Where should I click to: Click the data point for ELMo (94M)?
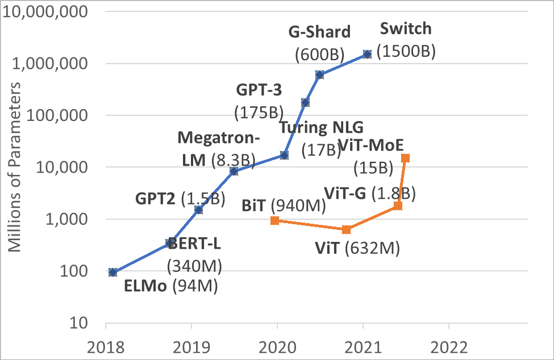click(113, 272)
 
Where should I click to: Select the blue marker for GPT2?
click(198, 210)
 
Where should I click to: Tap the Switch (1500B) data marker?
click(367, 54)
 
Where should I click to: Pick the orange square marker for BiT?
click(274, 220)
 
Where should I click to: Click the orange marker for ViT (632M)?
click(347, 229)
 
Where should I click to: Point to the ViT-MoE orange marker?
click(405, 158)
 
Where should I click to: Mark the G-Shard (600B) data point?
click(319, 75)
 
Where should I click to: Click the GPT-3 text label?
click(259, 90)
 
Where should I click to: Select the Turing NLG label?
click(321, 127)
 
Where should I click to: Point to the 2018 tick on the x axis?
click(106, 346)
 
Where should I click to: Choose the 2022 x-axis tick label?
click(449, 346)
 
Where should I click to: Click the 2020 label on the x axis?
click(277, 346)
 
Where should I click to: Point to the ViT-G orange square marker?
click(398, 205)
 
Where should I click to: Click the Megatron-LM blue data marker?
click(234, 171)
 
